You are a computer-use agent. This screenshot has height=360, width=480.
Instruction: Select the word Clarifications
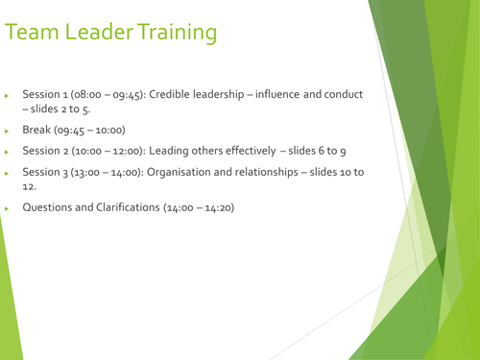[x=124, y=207]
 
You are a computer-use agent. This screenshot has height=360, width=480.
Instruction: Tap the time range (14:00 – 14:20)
[x=199, y=207]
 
